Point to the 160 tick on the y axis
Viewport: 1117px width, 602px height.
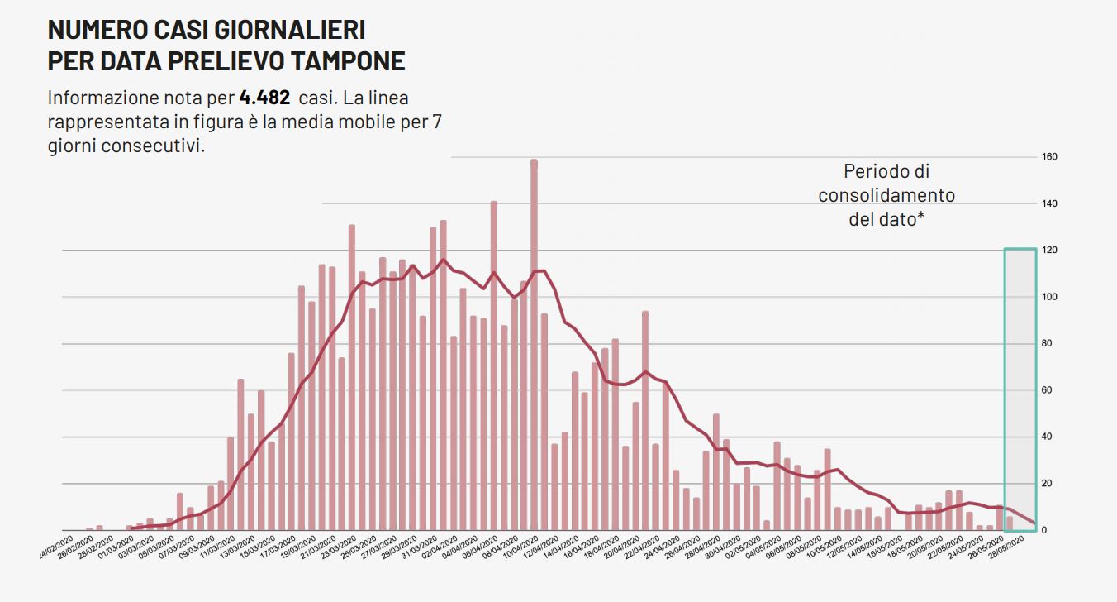(x=1050, y=157)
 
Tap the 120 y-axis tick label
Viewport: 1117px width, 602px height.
(x=1050, y=251)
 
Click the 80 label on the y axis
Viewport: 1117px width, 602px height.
(x=1048, y=344)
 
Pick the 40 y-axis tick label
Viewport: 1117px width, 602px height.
(x=1048, y=437)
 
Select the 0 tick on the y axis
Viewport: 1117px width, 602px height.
(x=1045, y=531)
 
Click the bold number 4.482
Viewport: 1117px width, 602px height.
(x=264, y=98)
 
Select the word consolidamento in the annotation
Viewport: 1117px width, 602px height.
(x=886, y=196)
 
